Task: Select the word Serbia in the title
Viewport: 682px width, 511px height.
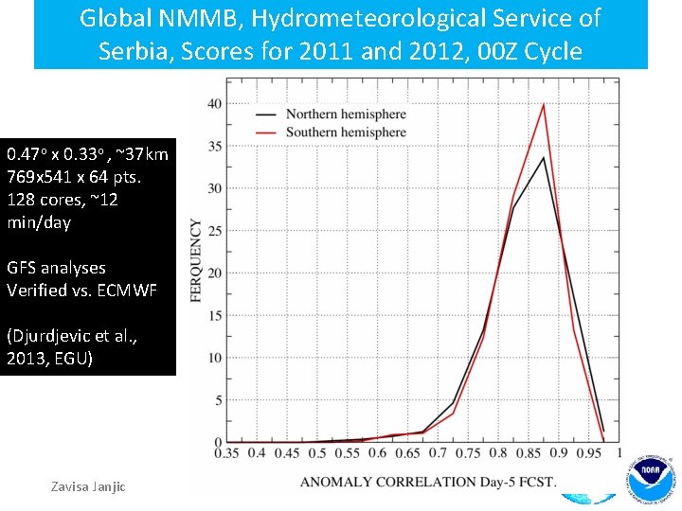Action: (x=135, y=51)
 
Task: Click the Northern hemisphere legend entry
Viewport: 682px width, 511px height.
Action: (x=345, y=115)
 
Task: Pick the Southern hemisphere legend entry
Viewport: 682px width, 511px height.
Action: (x=345, y=132)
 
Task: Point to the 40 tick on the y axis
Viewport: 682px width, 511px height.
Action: (x=215, y=103)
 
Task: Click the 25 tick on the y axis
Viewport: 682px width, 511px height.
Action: (x=215, y=231)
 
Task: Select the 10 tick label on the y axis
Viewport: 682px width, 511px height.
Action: (x=215, y=358)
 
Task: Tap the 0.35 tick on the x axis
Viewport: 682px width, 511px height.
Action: (x=226, y=454)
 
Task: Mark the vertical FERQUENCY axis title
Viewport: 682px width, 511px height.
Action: (x=197, y=261)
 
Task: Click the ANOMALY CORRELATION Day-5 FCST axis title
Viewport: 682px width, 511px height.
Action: (x=428, y=483)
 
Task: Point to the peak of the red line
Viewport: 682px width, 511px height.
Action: (x=544, y=104)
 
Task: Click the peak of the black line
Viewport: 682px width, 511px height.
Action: (x=544, y=157)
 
